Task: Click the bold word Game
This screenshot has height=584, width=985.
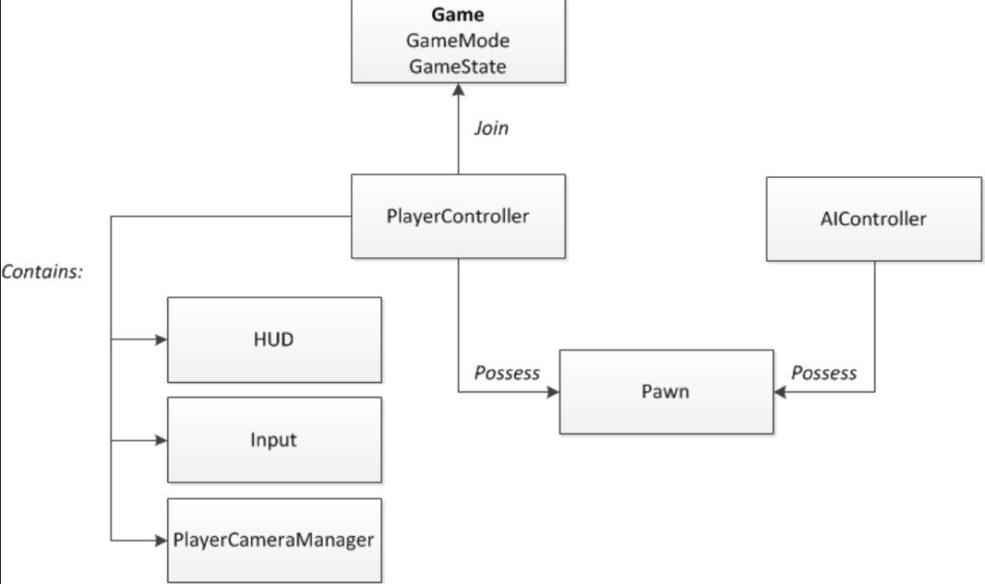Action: tap(457, 14)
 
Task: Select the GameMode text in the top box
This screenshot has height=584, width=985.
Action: tap(457, 40)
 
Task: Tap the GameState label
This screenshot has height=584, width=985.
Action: tap(457, 66)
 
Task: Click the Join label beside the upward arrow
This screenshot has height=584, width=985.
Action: tap(492, 128)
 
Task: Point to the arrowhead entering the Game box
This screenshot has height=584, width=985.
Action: tap(459, 89)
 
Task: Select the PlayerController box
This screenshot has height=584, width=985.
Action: tap(459, 216)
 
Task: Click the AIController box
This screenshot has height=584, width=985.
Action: tap(873, 218)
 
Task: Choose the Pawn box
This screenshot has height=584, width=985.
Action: tap(667, 392)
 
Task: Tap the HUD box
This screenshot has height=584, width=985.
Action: tap(274, 340)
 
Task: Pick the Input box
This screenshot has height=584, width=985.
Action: tap(274, 440)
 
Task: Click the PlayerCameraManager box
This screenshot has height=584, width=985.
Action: tap(274, 541)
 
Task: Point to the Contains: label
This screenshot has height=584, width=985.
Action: tap(42, 271)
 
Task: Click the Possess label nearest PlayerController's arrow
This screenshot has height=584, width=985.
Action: tap(507, 373)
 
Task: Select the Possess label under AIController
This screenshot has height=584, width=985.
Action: tap(823, 373)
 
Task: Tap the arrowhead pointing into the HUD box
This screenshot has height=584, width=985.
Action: tap(162, 340)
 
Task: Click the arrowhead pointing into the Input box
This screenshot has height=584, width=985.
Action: tap(162, 440)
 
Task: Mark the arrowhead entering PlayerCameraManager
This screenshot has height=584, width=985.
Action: tap(162, 541)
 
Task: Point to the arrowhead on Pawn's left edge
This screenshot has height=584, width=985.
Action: tap(553, 393)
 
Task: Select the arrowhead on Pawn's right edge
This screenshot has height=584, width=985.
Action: tap(780, 393)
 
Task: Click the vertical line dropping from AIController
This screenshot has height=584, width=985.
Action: tap(875, 326)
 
